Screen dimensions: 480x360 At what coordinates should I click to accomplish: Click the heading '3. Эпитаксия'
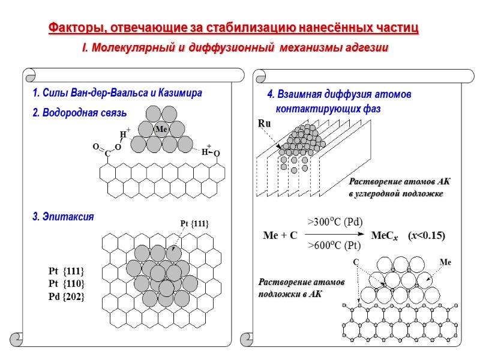coord(63,217)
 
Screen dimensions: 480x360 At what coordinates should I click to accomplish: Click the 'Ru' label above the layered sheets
coord(263,124)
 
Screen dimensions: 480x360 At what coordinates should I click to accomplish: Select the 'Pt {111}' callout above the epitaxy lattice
coord(194,224)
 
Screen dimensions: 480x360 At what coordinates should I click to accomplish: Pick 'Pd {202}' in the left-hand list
coord(66,296)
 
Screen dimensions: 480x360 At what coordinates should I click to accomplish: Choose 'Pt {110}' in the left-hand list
coord(66,283)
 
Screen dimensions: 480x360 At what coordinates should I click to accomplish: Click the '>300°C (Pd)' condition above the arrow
coord(335,222)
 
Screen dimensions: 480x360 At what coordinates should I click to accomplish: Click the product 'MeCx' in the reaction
coord(385,235)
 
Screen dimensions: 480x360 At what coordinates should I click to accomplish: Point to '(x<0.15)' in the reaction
coord(426,235)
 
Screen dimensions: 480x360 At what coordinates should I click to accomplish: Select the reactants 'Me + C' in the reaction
coord(280,235)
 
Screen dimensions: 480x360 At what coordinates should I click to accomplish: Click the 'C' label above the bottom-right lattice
coord(355,262)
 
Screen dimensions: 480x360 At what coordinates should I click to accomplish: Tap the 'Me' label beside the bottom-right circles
coord(445,262)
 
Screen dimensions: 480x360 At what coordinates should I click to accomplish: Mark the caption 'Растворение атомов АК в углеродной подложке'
coord(395,187)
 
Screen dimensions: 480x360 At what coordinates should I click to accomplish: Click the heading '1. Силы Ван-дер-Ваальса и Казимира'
coord(118,94)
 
